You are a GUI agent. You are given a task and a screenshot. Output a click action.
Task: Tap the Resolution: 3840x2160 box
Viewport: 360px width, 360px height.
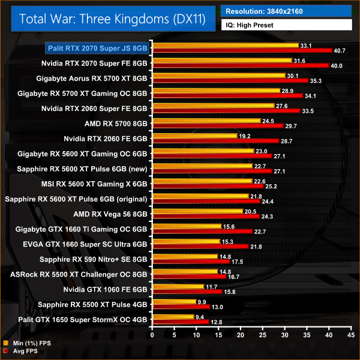click(x=286, y=10)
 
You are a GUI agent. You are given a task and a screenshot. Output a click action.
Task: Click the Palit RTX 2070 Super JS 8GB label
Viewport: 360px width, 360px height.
click(x=98, y=47)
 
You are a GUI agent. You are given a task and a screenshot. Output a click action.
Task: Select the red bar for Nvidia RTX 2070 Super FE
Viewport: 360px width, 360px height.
click(x=240, y=65)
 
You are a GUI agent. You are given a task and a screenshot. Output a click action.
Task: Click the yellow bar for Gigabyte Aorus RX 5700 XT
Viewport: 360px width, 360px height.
click(x=218, y=75)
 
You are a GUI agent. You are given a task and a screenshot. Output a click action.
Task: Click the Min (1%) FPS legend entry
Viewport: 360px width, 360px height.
click(x=26, y=344)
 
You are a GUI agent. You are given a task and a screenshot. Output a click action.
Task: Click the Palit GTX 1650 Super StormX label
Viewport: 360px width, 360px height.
click(x=83, y=319)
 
